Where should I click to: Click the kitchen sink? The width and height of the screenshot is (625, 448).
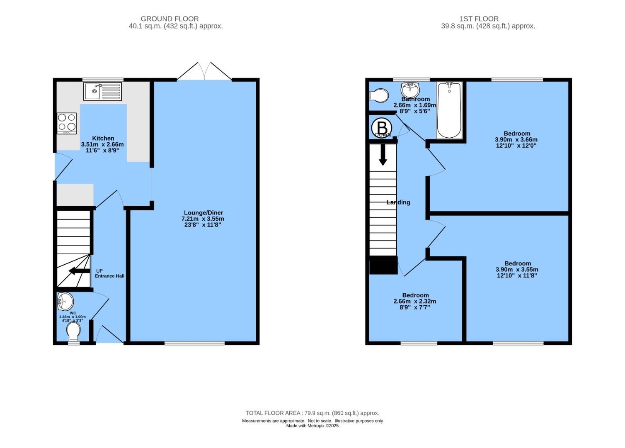coord(102,91)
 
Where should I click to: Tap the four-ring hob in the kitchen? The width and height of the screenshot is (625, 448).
coord(67,123)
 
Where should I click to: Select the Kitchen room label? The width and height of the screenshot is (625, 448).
coord(103,138)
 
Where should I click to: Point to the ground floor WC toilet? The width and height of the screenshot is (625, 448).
coord(73,331)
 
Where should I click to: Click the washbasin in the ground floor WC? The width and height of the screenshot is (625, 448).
coord(65,302)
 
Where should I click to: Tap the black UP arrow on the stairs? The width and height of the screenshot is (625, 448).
coord(79,271)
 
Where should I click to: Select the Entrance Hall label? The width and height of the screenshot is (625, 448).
coord(109,276)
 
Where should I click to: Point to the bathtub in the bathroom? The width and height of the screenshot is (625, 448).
coord(449,110)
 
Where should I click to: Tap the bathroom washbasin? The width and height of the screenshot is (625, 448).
coord(410,89)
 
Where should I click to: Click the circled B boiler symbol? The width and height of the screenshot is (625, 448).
coord(382,128)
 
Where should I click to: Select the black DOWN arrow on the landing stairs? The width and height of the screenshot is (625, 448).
coord(383,155)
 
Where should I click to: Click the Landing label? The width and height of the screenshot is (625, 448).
coord(398,202)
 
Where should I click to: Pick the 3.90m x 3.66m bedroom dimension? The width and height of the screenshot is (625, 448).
coord(516,140)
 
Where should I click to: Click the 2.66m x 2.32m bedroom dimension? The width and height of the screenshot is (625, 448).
coord(414,302)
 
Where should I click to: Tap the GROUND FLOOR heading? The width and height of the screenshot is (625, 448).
coord(170,19)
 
